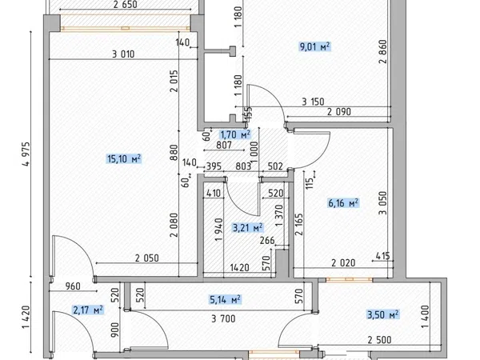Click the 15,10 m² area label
pyautogui.click(x=124, y=159)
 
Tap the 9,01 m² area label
pyautogui.click(x=314, y=47)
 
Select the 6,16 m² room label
pyautogui.click(x=343, y=203)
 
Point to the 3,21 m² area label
pyautogui.click(x=248, y=228)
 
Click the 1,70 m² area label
pyautogui.click(x=235, y=134)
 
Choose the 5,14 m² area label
pyautogui.click(x=226, y=299)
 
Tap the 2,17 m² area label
pyautogui.click(x=88, y=310)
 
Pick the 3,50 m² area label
pyautogui.click(x=383, y=314)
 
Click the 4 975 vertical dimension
pyautogui.click(x=26, y=154)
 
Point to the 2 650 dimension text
pyautogui.click(x=126, y=5)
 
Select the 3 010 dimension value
pyautogui.click(x=123, y=54)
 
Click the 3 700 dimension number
pyautogui.click(x=223, y=319)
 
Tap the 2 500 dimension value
pyautogui.click(x=379, y=340)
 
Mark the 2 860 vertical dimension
pyautogui.click(x=383, y=51)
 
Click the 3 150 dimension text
pyautogui.click(x=313, y=102)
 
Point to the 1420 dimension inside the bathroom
pyautogui.click(x=239, y=268)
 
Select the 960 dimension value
pyautogui.click(x=73, y=286)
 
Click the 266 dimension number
pyautogui.click(x=267, y=241)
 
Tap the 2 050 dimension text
pyautogui.click(x=147, y=258)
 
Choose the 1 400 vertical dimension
pyautogui.click(x=426, y=317)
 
